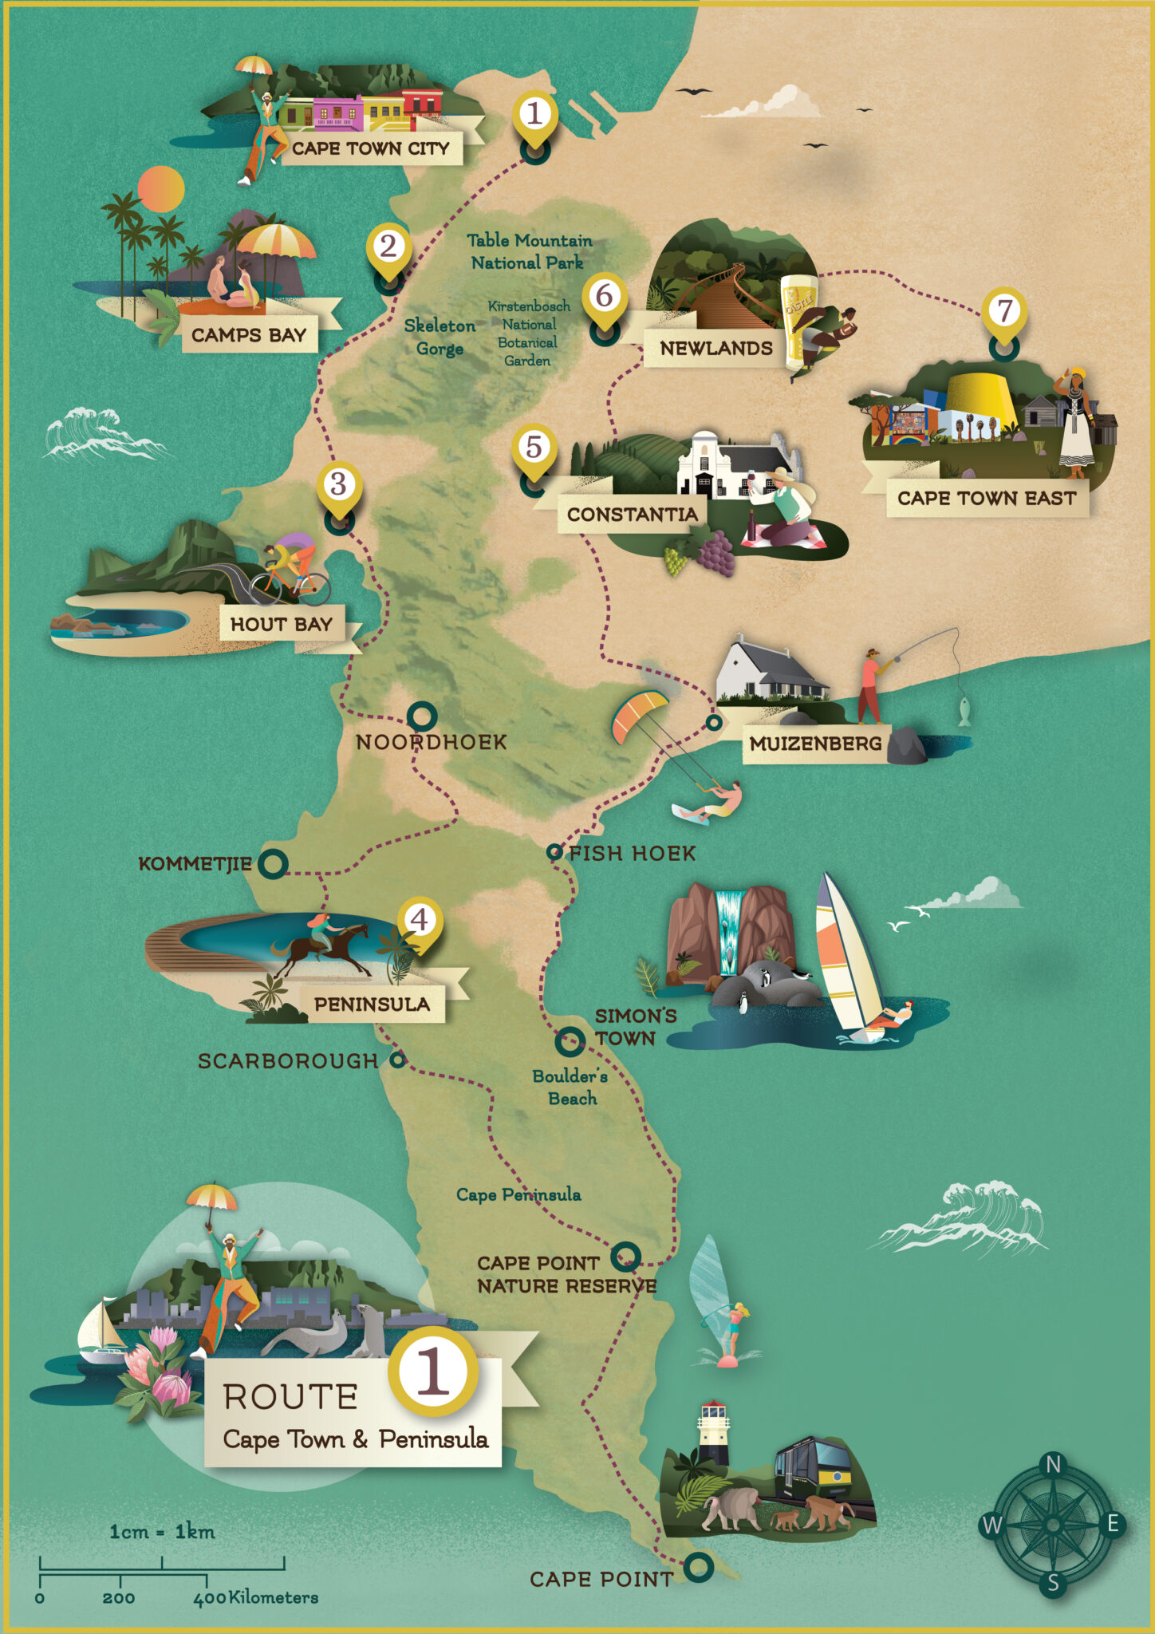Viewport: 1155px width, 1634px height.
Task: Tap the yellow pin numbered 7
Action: [x=1004, y=310]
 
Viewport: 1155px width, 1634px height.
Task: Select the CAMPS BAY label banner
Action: [x=248, y=335]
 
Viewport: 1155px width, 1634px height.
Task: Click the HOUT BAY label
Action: [x=281, y=624]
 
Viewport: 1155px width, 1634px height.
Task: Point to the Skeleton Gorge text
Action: [x=440, y=337]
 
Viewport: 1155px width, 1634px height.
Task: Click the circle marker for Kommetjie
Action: [x=274, y=863]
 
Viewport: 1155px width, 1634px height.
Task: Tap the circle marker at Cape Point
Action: [x=699, y=1566]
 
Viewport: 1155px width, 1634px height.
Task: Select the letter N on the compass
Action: [x=1053, y=1465]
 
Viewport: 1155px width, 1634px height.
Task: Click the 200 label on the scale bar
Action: [x=118, y=1598]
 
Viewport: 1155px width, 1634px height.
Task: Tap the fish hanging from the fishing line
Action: [x=964, y=711]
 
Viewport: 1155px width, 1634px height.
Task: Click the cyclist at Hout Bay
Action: [x=291, y=566]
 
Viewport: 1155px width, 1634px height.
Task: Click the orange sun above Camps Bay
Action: [x=161, y=189]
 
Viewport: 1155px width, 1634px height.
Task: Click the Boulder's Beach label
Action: [x=570, y=1087]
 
